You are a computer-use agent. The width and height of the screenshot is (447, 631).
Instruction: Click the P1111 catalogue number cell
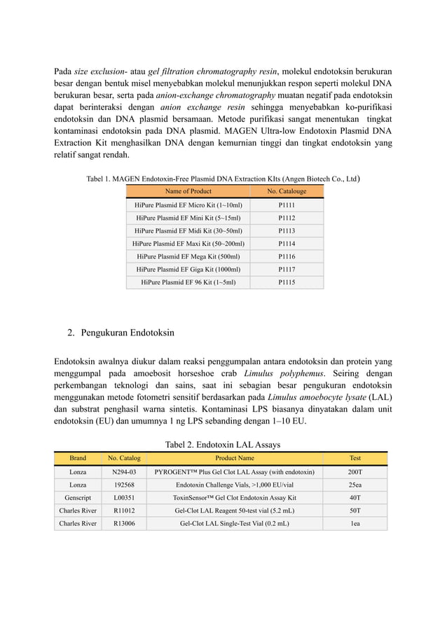(287, 205)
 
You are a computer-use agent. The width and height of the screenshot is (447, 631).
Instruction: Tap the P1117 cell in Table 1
(287, 270)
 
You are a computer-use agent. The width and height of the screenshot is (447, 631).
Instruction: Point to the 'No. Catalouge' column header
(287, 191)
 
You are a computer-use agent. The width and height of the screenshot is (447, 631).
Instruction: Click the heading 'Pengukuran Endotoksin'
(128, 332)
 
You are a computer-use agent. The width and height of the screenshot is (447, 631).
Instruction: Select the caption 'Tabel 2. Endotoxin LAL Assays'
(223, 444)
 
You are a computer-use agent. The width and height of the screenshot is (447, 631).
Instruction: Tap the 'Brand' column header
(78, 458)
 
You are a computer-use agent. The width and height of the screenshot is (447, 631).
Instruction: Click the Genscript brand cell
(78, 498)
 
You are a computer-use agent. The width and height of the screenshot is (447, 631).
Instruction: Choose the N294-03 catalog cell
(124, 472)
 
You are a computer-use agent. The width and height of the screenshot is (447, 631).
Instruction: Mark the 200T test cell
(355, 472)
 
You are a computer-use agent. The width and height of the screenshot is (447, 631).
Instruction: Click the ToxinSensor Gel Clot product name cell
(234, 498)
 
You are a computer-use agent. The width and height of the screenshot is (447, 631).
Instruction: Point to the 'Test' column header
(355, 458)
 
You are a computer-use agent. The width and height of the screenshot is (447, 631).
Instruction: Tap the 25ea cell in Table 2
(355, 485)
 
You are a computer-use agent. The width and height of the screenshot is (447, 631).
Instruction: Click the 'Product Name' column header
(234, 458)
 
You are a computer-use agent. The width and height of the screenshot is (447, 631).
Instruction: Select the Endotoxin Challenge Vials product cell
(234, 485)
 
